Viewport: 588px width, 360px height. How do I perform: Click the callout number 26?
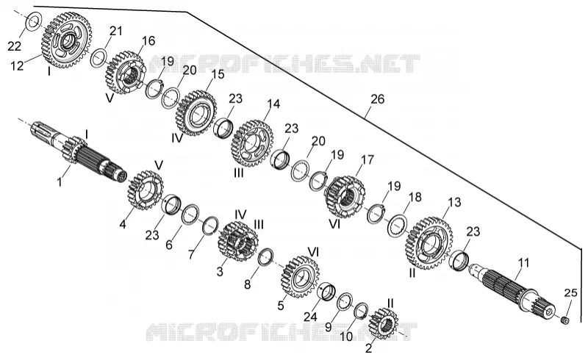[377, 99]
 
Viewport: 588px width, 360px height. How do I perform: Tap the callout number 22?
[15, 46]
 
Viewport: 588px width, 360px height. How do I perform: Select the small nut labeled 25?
[564, 320]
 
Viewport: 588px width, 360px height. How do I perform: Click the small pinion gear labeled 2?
[383, 323]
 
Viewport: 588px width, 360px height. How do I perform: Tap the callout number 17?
[367, 159]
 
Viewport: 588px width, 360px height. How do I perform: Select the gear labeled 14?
[252, 143]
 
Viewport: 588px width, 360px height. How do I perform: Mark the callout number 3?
[220, 271]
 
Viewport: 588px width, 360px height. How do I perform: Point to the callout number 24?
[310, 317]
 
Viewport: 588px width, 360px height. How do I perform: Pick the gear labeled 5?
[300, 277]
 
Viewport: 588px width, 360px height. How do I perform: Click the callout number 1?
[60, 182]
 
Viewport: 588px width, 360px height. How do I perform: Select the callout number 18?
[415, 197]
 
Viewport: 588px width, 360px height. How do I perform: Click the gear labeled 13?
[429, 243]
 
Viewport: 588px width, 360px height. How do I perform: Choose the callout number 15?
[218, 74]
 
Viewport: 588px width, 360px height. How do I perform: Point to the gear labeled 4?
[145, 190]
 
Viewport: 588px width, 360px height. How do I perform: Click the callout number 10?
[346, 336]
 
